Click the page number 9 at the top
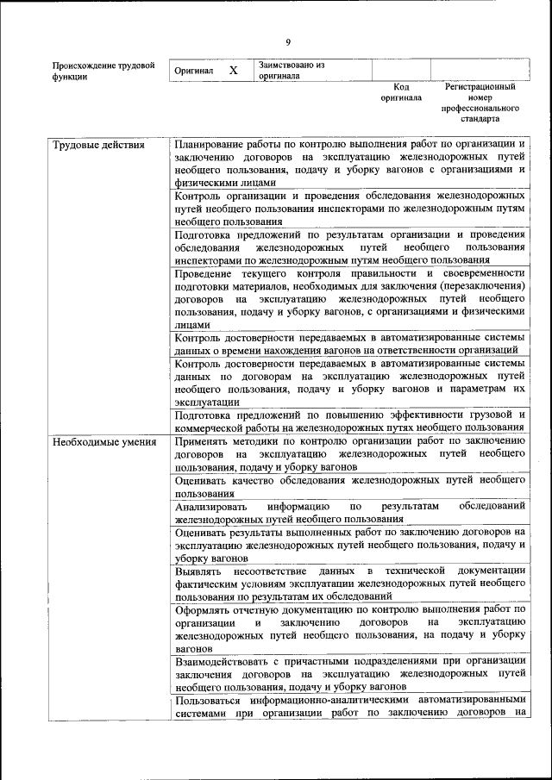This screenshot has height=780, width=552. tap(288, 42)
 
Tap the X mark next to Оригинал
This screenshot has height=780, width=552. tap(233, 71)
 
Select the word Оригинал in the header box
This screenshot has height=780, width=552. tap(194, 71)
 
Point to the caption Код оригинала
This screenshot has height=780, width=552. tap(401, 92)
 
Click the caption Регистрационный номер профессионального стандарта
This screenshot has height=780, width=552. tap(480, 103)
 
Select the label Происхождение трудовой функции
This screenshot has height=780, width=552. tap(103, 71)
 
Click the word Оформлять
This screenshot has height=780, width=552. tap(205, 609)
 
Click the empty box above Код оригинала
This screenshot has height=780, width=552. tap(401, 70)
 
